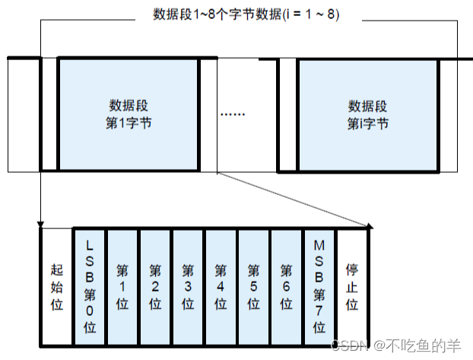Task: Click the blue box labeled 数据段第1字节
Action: [128, 114]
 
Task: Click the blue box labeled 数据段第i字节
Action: [367, 114]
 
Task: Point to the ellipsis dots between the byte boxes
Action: [233, 114]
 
